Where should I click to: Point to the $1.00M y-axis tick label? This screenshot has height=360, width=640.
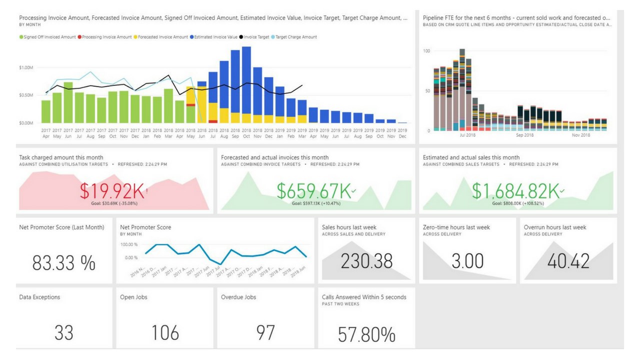click(25, 67)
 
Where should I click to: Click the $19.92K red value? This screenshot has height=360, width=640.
click(112, 191)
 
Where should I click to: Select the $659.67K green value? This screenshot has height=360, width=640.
click(313, 191)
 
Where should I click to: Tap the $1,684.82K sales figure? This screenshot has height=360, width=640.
click(516, 191)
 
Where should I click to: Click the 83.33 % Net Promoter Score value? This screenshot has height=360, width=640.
click(63, 262)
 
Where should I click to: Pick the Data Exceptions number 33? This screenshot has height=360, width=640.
click(63, 332)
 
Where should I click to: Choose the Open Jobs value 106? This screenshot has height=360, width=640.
click(164, 332)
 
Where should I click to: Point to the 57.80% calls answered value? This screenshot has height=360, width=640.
click(366, 334)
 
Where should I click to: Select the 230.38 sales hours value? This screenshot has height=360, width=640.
click(366, 261)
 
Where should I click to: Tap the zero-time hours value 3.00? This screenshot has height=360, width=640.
click(467, 261)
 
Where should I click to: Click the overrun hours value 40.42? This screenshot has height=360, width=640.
click(568, 261)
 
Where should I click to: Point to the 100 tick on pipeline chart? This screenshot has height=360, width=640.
click(426, 51)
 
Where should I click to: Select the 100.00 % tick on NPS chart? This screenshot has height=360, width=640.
click(129, 244)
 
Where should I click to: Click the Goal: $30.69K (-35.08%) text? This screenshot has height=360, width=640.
click(113, 203)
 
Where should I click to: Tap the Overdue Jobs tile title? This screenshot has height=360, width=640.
click(238, 297)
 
